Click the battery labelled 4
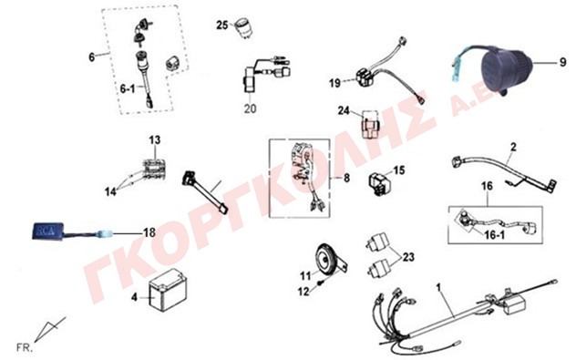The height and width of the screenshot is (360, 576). pyautogui.click(x=168, y=290)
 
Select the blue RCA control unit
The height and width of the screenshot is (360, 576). pyautogui.click(x=46, y=231)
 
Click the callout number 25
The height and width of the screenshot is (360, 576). pyautogui.click(x=222, y=25)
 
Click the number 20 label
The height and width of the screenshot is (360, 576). pyautogui.click(x=250, y=108)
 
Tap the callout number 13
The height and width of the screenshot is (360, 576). pyautogui.click(x=155, y=140)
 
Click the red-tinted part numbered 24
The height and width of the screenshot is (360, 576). pyautogui.click(x=369, y=124)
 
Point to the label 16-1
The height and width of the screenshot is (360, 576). pyautogui.click(x=495, y=235)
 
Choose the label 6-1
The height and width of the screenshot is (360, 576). pyautogui.click(x=128, y=88)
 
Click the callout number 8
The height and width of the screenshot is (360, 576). pyautogui.click(x=346, y=179)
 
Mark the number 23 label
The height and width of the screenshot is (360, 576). pyautogui.click(x=408, y=257)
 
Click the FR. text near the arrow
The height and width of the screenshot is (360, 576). pyautogui.click(x=25, y=347)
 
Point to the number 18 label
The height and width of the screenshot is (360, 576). pyautogui.click(x=149, y=232)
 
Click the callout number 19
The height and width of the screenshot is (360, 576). pyautogui.click(x=334, y=83)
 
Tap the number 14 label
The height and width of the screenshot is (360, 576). pyautogui.click(x=110, y=191)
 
